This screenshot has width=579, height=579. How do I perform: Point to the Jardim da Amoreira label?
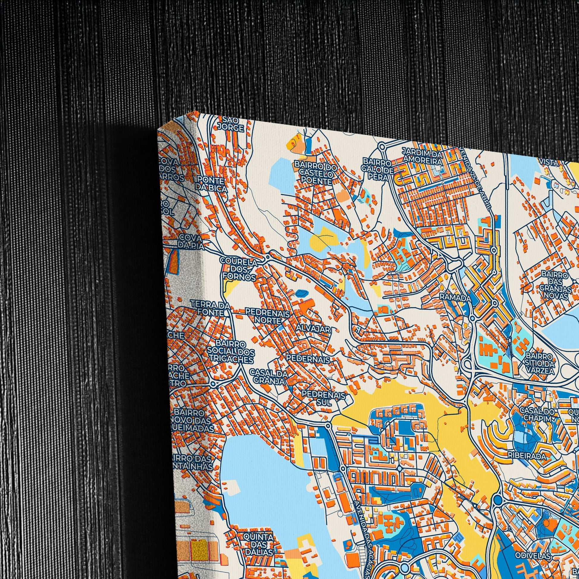coord(422,156)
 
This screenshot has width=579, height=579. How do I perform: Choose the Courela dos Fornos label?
coord(239,270)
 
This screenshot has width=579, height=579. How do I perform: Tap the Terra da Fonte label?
coord(210,309)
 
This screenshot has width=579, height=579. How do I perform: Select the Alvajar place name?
coord(313,329)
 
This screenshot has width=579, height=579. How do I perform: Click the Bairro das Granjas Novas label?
coord(554,285)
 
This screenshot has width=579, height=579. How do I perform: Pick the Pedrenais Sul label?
coord(324,398)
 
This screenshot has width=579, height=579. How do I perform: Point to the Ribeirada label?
coord(522,455)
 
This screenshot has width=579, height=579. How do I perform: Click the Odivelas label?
coord(533,547)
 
